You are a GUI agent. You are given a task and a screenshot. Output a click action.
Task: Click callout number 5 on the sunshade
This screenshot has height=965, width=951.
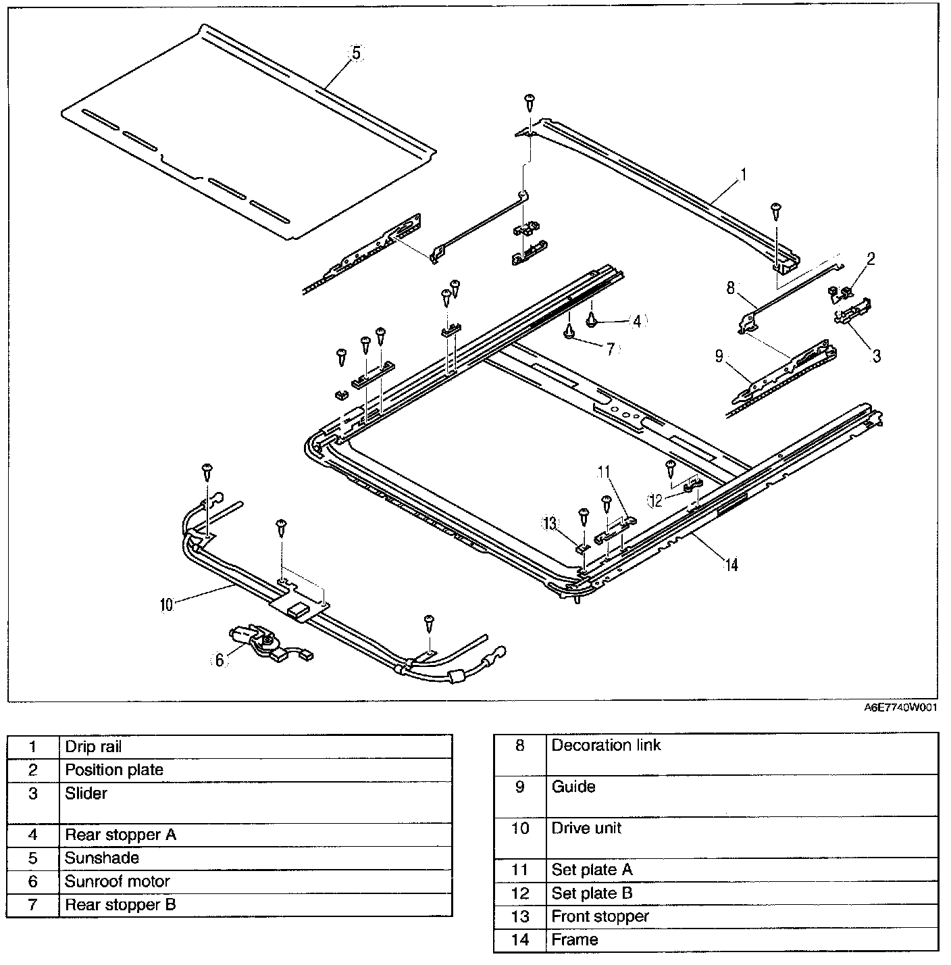[357, 53]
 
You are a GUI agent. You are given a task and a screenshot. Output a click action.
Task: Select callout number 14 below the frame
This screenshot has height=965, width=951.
[731, 564]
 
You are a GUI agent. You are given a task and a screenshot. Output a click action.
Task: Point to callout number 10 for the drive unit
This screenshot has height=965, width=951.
[166, 604]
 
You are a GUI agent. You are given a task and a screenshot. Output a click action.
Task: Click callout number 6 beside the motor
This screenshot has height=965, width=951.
[220, 660]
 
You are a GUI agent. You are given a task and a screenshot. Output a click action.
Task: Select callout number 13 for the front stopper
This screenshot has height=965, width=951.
[550, 522]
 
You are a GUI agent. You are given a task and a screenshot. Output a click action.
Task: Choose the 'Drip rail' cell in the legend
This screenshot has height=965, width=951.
[93, 747]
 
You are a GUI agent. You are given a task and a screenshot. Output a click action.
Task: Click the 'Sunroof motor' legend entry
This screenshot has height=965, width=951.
[117, 881]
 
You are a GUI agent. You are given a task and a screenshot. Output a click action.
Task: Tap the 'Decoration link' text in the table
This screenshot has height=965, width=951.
[606, 745]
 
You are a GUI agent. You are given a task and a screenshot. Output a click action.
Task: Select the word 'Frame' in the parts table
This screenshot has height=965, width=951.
[574, 939]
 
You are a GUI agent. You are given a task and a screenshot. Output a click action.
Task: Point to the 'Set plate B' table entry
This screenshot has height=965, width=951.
[592, 893]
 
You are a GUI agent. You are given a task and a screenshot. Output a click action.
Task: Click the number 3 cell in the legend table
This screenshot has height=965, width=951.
[32, 793]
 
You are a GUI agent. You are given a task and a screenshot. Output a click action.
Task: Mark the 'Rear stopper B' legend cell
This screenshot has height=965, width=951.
[120, 904]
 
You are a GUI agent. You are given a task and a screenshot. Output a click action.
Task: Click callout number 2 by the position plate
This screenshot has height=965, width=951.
[871, 259]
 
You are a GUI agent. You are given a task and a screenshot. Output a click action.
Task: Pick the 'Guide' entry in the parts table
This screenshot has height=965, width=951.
[573, 787]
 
